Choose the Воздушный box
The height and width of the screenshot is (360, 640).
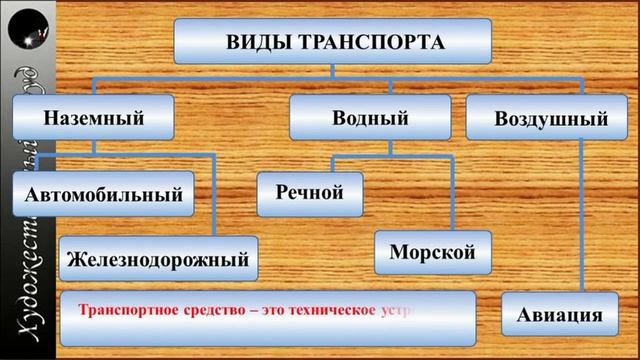coord(551,119)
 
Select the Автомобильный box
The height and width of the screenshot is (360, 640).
coord(105,193)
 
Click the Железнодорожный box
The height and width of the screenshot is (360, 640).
coord(156,259)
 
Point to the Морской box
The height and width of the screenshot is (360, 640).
coord(433,251)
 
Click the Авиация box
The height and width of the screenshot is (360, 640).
coord(560,316)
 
